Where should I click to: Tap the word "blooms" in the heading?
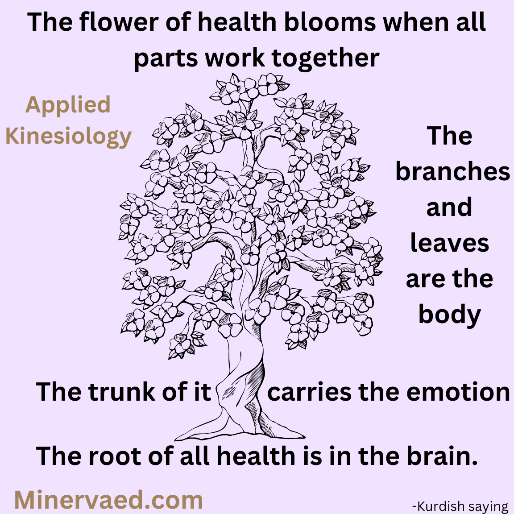click(330, 22)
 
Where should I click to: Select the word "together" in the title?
click(326, 58)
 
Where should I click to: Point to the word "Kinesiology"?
click(69, 137)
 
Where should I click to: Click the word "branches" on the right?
click(453, 171)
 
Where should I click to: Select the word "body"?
click(450, 315)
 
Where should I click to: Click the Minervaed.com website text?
click(108, 500)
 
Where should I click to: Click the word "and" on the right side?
click(449, 207)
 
